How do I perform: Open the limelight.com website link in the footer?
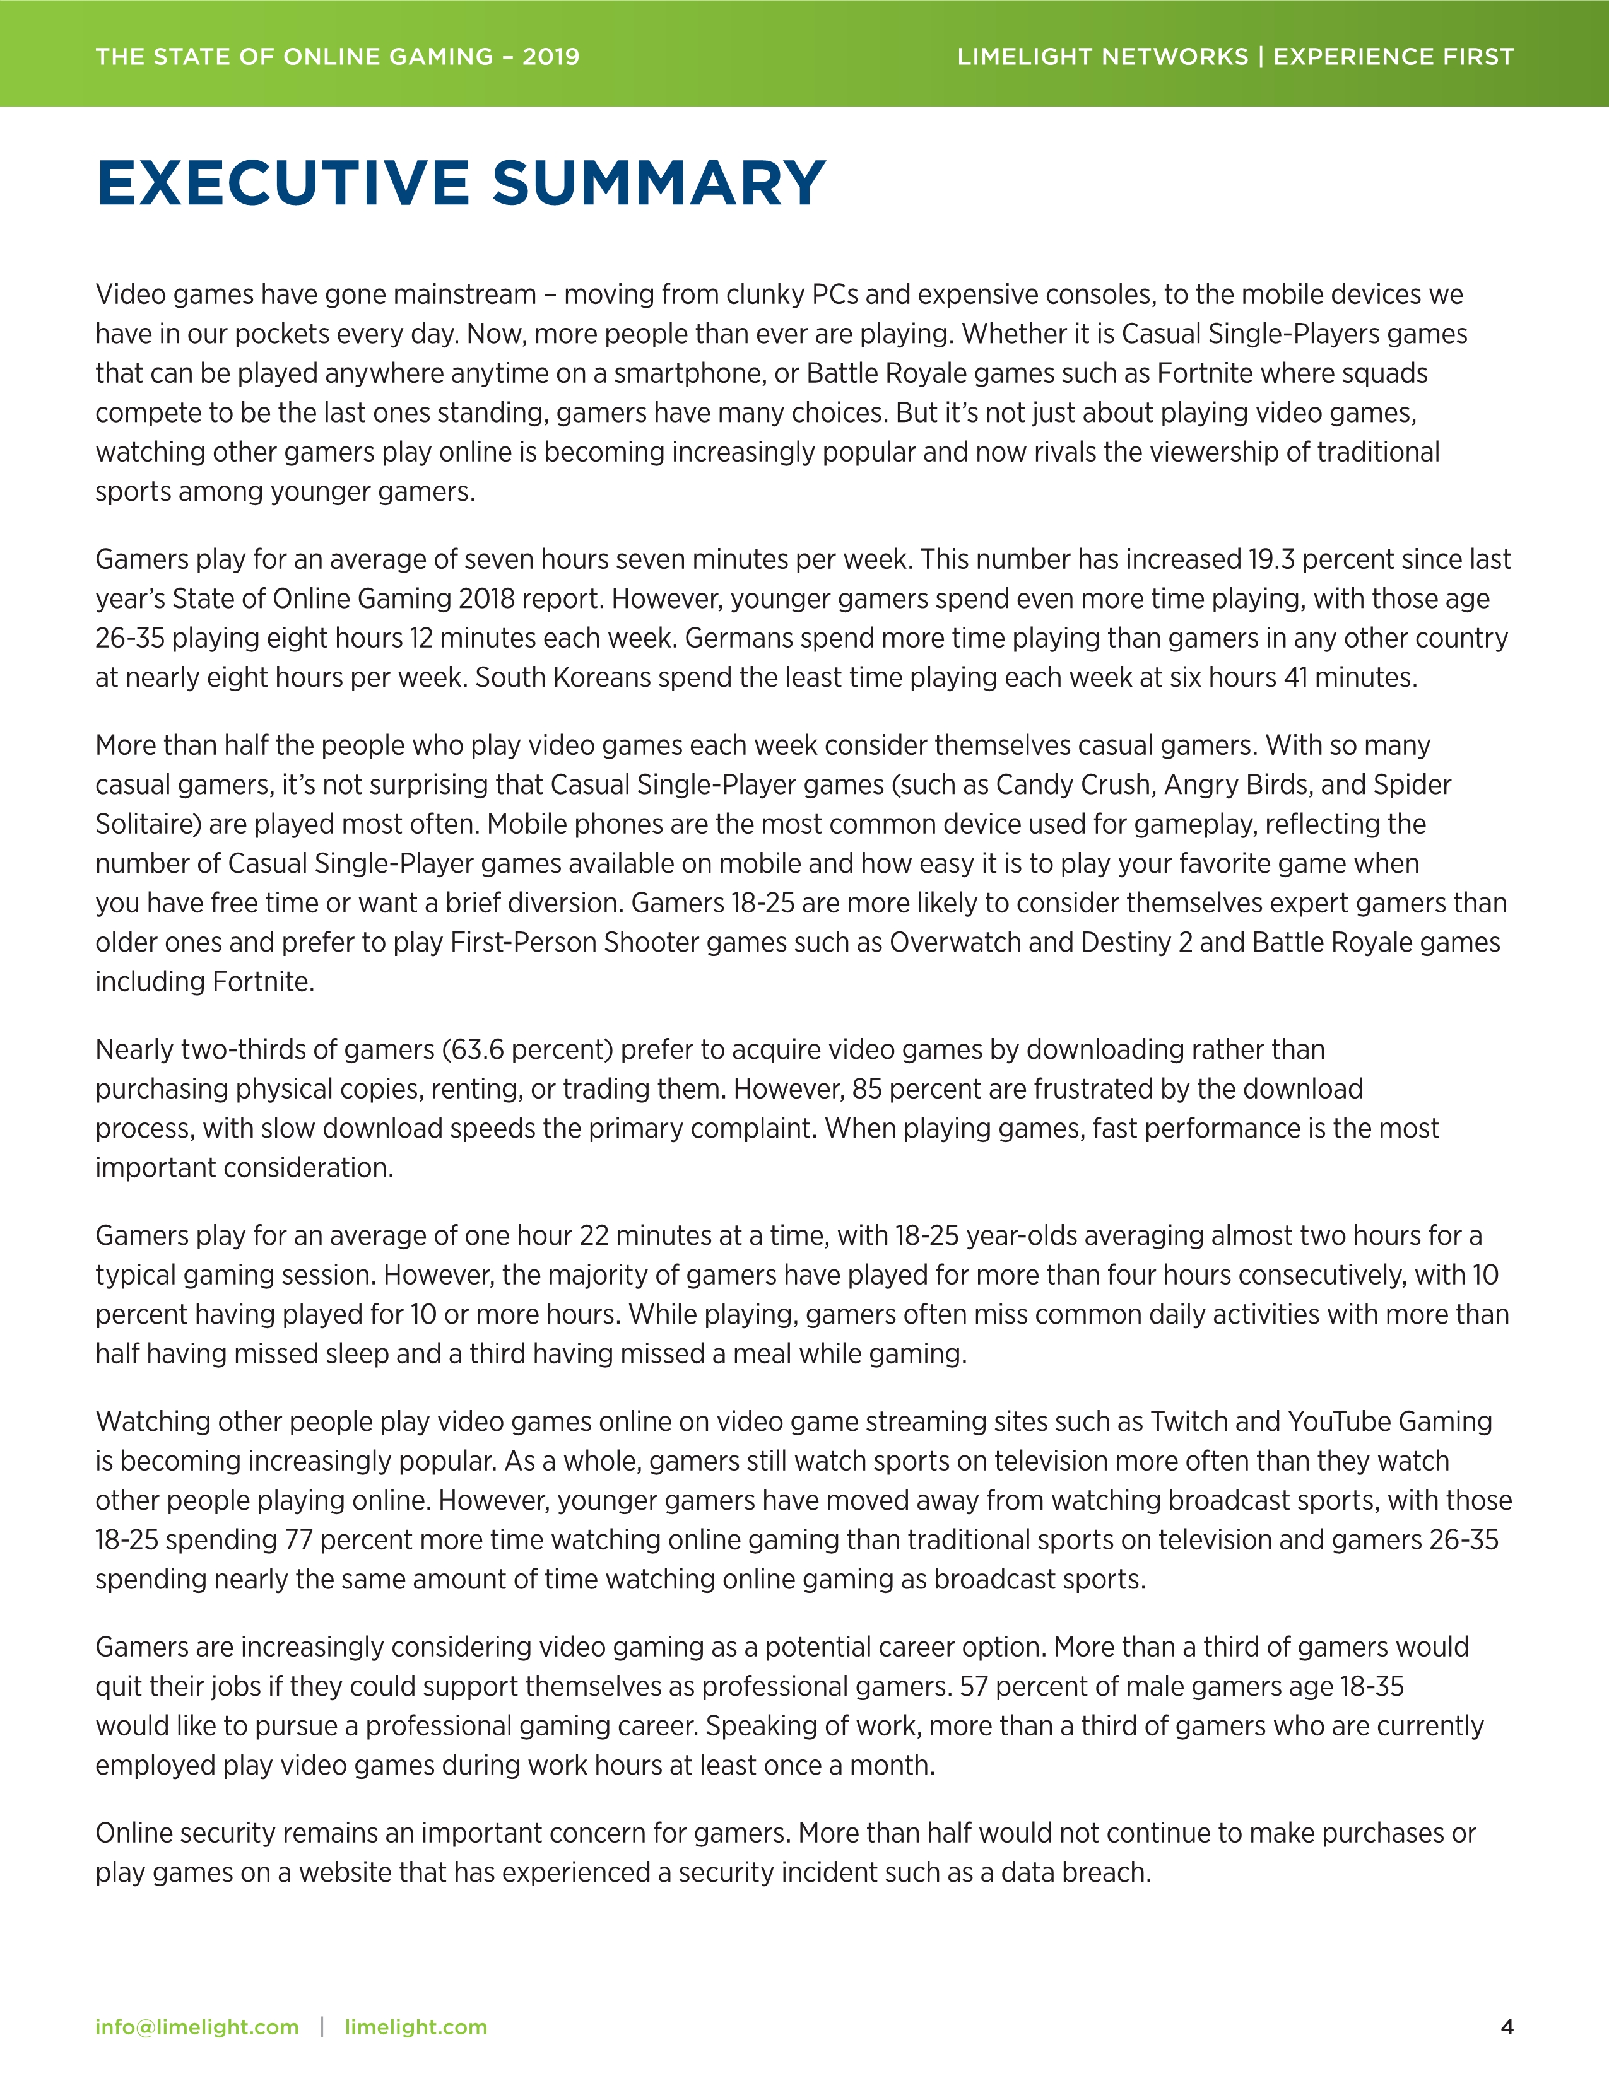point(416,2027)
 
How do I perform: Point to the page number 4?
point(1506,2027)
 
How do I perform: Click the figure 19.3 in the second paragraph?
point(1271,559)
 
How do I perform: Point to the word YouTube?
point(1339,1421)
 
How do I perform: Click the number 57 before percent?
point(973,1686)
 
